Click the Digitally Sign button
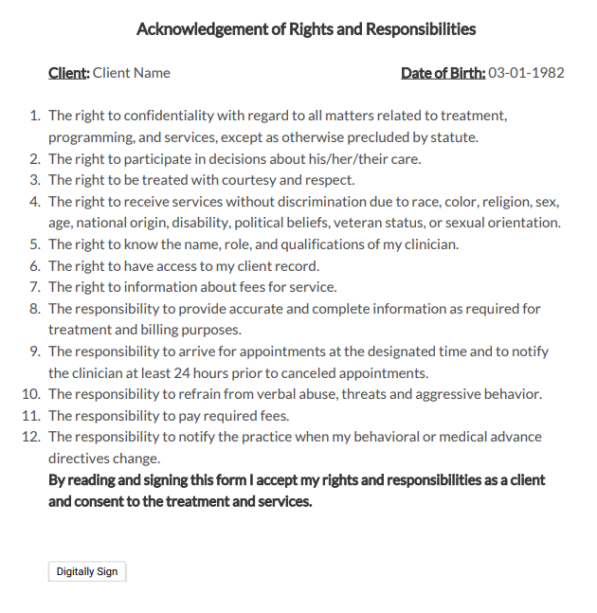coord(87,572)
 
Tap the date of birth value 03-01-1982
coord(526,73)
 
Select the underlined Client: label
coord(69,73)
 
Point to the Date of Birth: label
coord(443,73)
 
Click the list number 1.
coord(36,116)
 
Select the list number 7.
coord(36,287)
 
